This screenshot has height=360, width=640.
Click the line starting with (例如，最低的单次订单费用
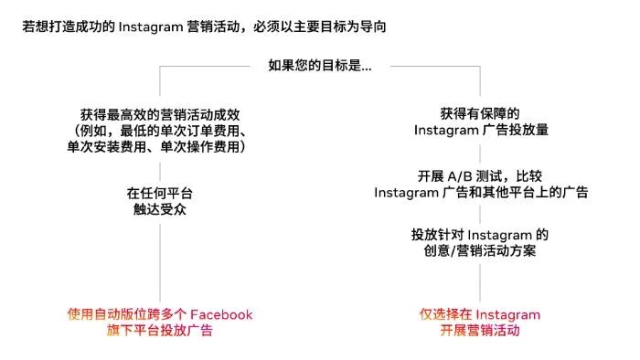point(160,131)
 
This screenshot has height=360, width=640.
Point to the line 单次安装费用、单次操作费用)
point(160,146)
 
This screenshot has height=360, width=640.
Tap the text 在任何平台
point(160,194)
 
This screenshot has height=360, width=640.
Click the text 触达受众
point(160,210)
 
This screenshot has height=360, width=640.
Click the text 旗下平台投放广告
point(160,331)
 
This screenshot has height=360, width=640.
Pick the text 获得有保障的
point(480,114)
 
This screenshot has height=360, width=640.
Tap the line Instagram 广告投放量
point(480,131)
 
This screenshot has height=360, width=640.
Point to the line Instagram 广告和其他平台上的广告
point(480,193)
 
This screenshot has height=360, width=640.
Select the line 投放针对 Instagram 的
point(480,235)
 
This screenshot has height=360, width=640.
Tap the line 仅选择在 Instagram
point(480,314)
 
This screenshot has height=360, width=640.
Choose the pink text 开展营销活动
point(480,331)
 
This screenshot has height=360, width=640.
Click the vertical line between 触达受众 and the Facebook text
point(160,260)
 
